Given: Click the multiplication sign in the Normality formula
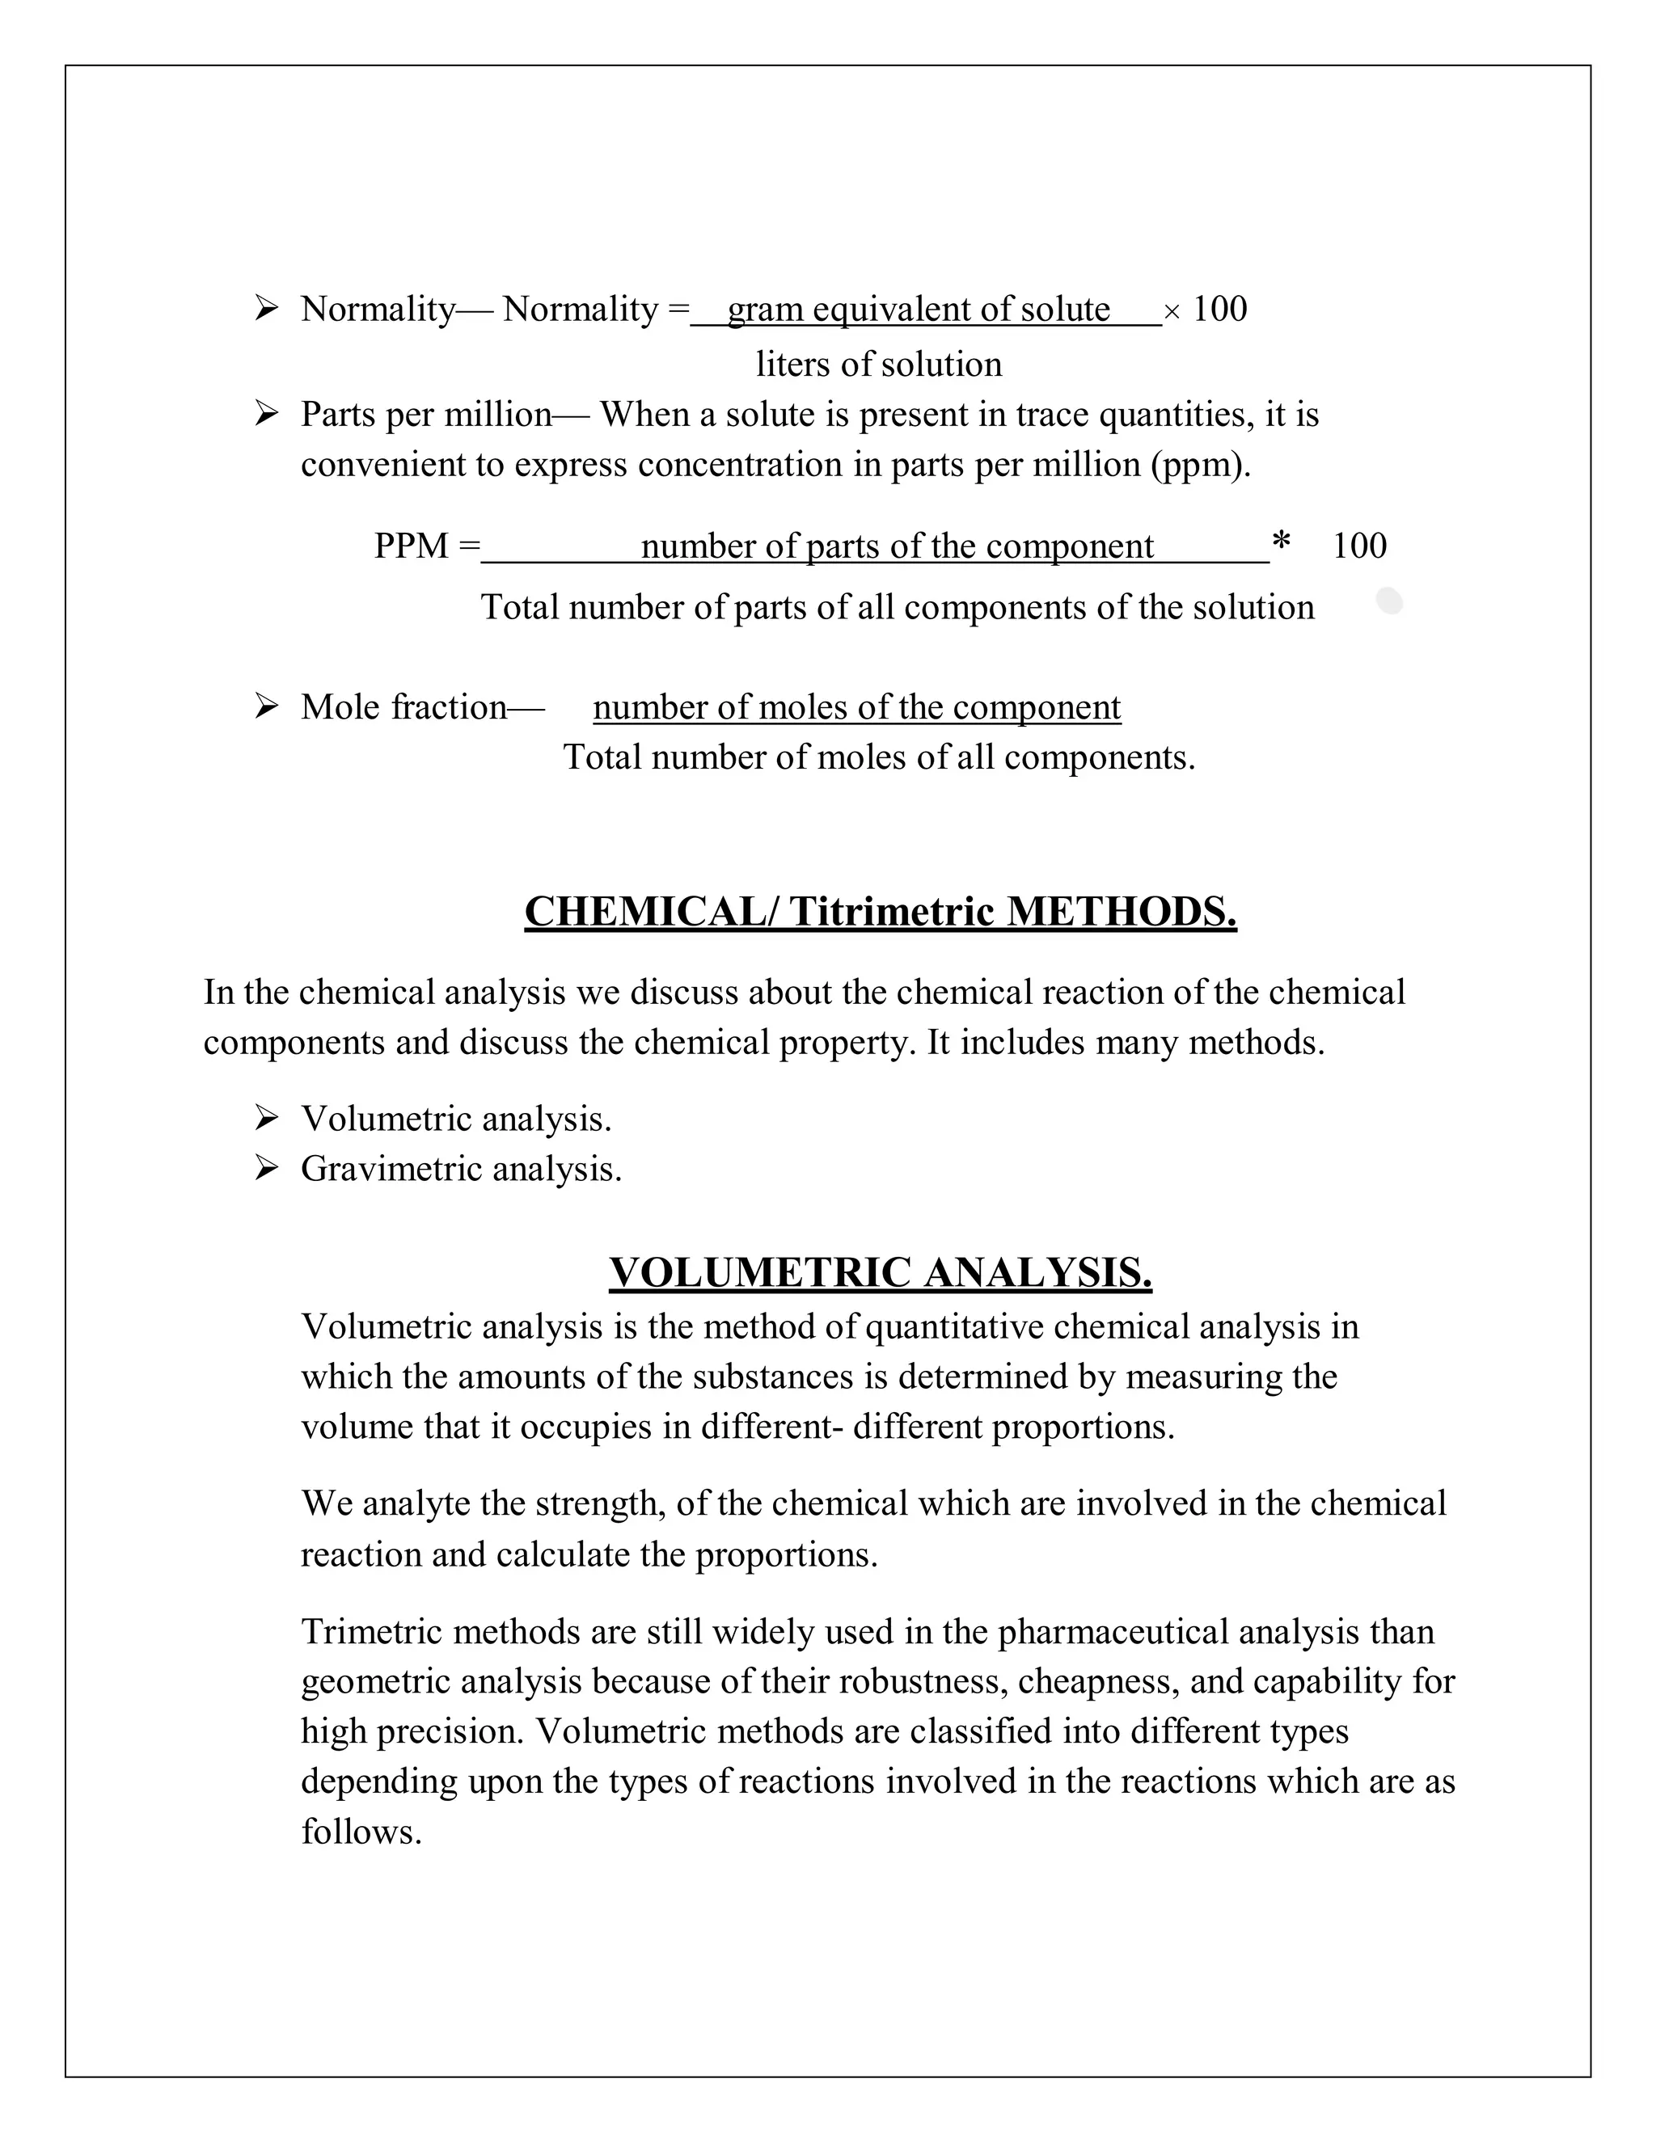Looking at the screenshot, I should pos(1172,313).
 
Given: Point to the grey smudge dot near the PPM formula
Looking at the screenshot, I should pos(1389,601).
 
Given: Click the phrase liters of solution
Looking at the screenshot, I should pos(878,365).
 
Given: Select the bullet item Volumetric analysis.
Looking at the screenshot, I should pos(455,1118).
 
